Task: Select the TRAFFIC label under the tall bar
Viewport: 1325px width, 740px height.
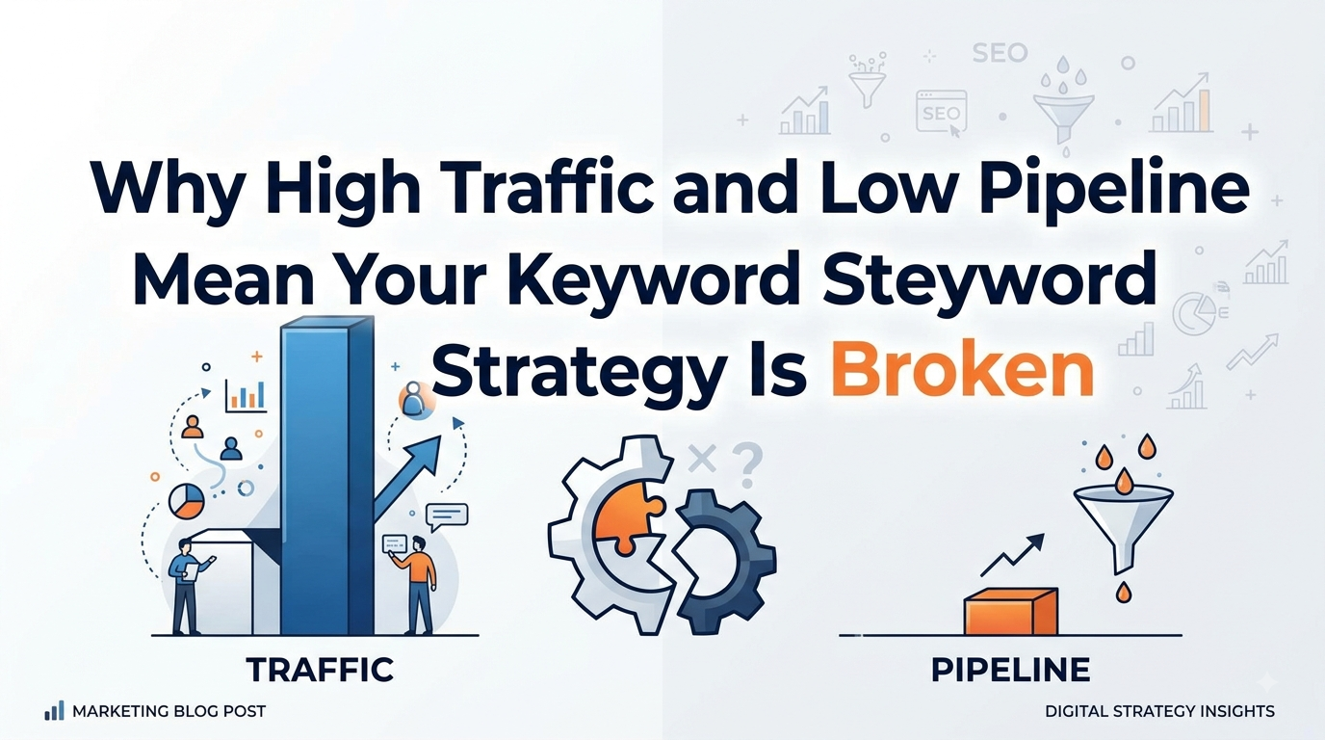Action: [320, 670]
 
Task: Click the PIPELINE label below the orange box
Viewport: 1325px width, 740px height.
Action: [1010, 670]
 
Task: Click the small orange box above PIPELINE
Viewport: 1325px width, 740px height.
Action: [1011, 612]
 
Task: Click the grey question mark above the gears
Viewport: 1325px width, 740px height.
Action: [747, 466]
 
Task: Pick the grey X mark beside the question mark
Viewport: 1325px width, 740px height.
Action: [703, 459]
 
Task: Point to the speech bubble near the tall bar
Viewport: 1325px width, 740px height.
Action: [447, 516]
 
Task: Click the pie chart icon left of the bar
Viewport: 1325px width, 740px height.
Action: [187, 501]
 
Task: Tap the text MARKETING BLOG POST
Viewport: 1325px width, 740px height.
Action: [169, 711]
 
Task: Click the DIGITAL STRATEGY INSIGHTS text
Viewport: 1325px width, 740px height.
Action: [1159, 711]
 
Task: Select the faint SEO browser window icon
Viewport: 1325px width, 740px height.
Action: [941, 112]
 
